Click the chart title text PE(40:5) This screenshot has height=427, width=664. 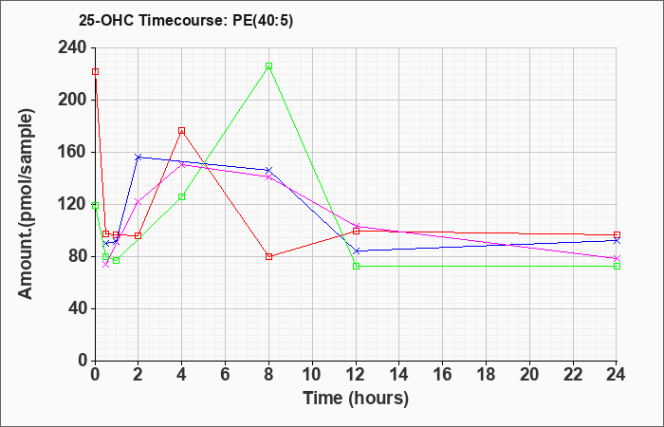pos(263,21)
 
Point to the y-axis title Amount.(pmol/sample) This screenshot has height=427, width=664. pos(26,204)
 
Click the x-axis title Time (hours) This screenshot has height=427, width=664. pos(356,399)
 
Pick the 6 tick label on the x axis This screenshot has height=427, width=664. pos(226,375)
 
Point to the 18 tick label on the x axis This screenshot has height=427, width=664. pos(486,375)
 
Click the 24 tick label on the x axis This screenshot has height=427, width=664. pos(616,375)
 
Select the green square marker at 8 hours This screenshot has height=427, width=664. pos(268,66)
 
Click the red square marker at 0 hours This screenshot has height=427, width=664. pos(95,71)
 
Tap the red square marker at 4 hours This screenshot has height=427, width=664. pos(182,131)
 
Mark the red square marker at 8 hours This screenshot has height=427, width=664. pos(268,256)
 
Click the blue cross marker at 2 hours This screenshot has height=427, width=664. pos(138,158)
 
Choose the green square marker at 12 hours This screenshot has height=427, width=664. pos(356,266)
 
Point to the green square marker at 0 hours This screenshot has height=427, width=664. pos(95,206)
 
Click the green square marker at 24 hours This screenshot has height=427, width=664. pos(617,266)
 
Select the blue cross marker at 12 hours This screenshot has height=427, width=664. pos(356,251)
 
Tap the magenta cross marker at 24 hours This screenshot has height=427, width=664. pos(617,258)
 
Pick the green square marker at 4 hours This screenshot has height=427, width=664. pos(182,196)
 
